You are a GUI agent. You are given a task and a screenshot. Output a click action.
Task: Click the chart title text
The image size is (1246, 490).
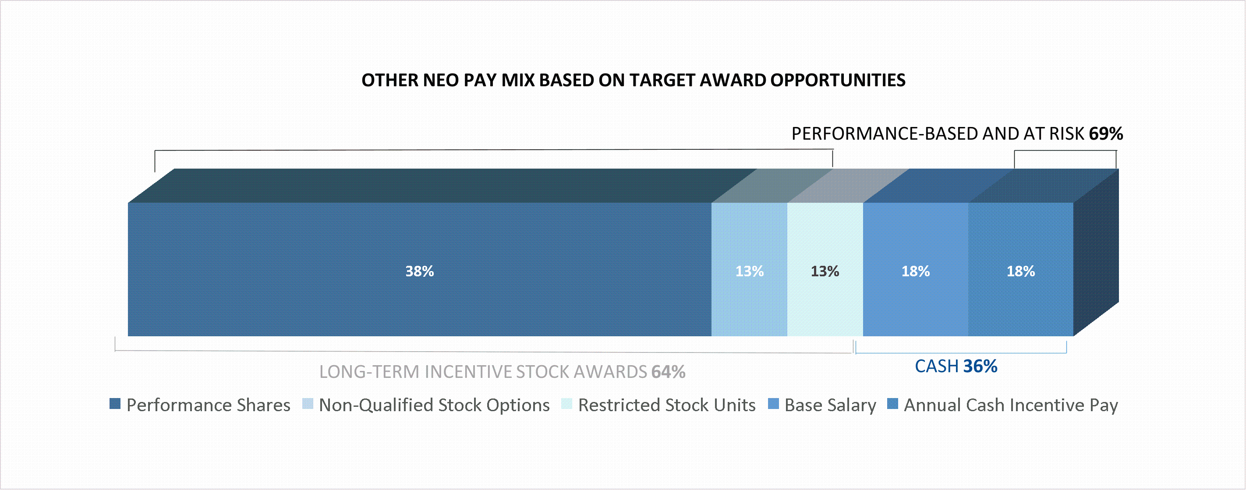[x=633, y=80]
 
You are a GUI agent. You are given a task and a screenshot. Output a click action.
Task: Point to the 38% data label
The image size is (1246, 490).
[x=419, y=271]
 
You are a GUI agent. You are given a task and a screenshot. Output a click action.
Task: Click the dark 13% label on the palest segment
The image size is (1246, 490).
[x=825, y=271]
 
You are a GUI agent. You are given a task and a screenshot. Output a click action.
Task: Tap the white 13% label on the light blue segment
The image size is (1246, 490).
[x=749, y=271]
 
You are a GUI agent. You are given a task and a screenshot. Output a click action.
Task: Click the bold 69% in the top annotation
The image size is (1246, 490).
[x=1106, y=134]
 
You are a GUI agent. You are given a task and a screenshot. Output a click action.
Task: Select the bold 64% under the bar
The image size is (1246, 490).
[x=668, y=372]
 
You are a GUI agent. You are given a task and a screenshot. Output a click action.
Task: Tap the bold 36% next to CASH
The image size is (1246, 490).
[x=980, y=366]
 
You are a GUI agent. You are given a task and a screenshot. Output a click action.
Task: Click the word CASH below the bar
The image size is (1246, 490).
[x=936, y=366]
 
